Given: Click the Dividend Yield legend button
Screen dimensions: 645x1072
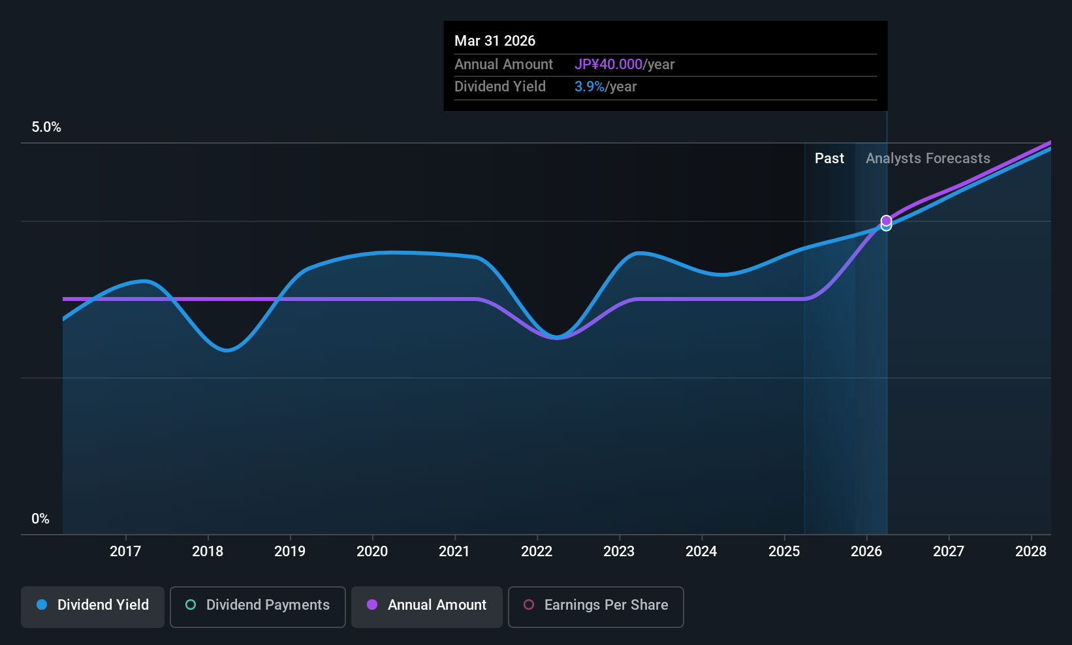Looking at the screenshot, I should pyautogui.click(x=93, y=606).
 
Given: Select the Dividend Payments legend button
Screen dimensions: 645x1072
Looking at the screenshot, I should pyautogui.click(x=257, y=606).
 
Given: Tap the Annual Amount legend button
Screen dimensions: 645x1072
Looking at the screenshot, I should pyautogui.click(x=426, y=606).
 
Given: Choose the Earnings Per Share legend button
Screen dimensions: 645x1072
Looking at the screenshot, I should pyautogui.click(x=595, y=606).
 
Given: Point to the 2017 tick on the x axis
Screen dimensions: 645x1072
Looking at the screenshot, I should pyautogui.click(x=125, y=552).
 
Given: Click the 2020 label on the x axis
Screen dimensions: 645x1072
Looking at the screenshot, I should pyautogui.click(x=372, y=552).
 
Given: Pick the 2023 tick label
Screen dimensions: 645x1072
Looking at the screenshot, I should pyautogui.click(x=619, y=552).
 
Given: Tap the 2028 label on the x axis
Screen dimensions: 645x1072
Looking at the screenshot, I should pyautogui.click(x=1031, y=552).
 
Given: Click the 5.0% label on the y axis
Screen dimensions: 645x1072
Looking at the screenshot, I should pyautogui.click(x=46, y=127).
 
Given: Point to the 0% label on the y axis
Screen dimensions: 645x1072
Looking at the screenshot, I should pyautogui.click(x=40, y=519).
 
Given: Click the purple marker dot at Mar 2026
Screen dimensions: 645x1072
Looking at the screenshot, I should pyautogui.click(x=886, y=221).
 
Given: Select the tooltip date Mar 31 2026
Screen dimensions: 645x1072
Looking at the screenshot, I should pyautogui.click(x=495, y=41).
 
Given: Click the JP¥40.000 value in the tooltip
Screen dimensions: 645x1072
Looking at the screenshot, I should pyautogui.click(x=608, y=65).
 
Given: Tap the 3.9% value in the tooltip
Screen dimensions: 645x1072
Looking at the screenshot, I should pyautogui.click(x=589, y=87).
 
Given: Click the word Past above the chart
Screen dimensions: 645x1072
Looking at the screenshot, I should pyautogui.click(x=829, y=159).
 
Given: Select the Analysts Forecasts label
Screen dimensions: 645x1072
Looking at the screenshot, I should pyautogui.click(x=928, y=159).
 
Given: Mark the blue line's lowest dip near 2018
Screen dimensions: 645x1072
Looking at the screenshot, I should pyautogui.click(x=227, y=351).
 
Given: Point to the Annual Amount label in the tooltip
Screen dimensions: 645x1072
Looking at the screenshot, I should pyautogui.click(x=503, y=65).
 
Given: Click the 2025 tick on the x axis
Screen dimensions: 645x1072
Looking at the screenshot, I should pyautogui.click(x=784, y=552).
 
